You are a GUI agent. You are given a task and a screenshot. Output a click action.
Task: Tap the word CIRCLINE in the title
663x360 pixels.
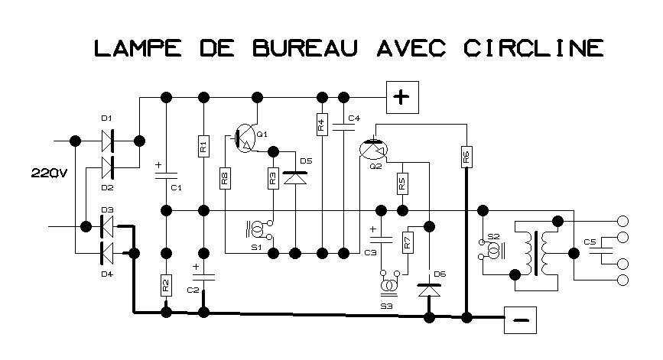[534, 48]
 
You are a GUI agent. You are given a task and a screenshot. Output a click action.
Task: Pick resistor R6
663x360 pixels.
[465, 157]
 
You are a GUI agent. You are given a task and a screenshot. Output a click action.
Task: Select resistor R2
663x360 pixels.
[166, 285]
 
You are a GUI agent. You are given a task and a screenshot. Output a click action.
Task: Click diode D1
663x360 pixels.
[107, 141]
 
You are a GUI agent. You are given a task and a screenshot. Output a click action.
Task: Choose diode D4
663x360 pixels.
[107, 250]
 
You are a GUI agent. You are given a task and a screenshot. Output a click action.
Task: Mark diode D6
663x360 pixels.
[430, 290]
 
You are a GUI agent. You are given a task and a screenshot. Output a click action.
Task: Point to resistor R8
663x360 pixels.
[226, 180]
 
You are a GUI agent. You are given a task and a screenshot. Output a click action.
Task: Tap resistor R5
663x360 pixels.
[401, 184]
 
